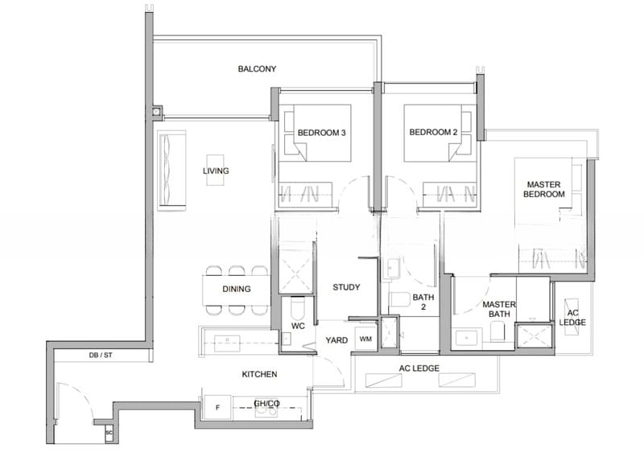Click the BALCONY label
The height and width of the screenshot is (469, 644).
tap(257, 69)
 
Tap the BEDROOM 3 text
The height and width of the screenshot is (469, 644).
tap(321, 132)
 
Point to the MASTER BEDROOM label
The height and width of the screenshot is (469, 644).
tap(544, 189)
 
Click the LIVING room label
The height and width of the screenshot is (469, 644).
tap(216, 171)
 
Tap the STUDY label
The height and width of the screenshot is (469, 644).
tap(346, 287)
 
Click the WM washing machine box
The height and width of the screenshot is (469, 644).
tap(365, 340)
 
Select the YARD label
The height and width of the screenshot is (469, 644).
tap(336, 340)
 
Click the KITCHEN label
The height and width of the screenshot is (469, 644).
tap(260, 375)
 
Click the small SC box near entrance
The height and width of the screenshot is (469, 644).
tap(109, 434)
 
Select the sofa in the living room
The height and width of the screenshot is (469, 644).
tap(171, 171)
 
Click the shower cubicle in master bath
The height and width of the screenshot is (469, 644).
tap(531, 335)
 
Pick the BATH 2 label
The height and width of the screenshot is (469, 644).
tap(423, 302)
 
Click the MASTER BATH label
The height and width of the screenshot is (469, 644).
tap(499, 310)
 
